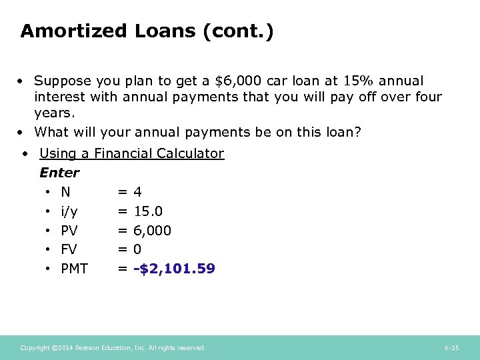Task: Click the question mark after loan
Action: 357,132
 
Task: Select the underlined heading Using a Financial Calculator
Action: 131,153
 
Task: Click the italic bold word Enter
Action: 59,173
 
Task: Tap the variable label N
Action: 65,192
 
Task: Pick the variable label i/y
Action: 69,211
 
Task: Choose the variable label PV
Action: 69,231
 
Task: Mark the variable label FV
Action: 69,250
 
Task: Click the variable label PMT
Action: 74,269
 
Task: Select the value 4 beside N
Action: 137,192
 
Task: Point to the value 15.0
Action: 147,211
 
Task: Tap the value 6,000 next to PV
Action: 152,231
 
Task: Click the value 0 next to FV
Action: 137,250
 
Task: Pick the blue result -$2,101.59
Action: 174,269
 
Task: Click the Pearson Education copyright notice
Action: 113,348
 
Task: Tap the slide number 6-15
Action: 451,348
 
